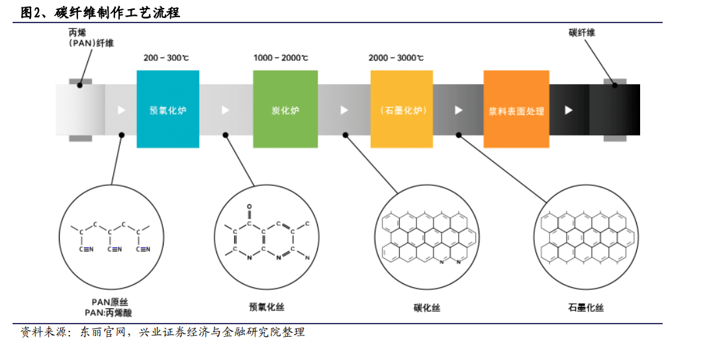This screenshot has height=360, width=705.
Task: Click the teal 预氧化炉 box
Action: pyautogui.click(x=167, y=109)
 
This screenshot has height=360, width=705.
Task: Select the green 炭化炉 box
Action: pyautogui.click(x=285, y=109)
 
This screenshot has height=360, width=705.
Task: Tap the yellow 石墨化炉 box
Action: pyautogui.click(x=402, y=109)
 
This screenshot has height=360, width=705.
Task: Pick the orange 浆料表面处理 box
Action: pyautogui.click(x=516, y=109)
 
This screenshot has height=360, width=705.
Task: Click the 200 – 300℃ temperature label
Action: pyautogui.click(x=166, y=58)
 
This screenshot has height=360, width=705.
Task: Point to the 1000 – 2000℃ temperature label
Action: pyautogui.click(x=281, y=58)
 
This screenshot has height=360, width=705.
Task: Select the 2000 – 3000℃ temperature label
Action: pyautogui.click(x=396, y=58)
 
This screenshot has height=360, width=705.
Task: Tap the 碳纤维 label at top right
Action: pyautogui.click(x=582, y=32)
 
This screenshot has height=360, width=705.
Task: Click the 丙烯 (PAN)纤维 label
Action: pyautogui.click(x=91, y=38)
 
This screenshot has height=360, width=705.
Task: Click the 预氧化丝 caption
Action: pyautogui.click(x=267, y=307)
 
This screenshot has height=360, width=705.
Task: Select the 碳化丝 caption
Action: pyautogui.click(x=427, y=308)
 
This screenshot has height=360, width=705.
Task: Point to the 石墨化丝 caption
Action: pyautogui.click(x=585, y=308)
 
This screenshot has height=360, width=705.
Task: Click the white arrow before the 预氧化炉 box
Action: pyautogui.click(x=121, y=110)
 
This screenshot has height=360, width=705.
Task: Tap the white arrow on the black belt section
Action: pyautogui.click(x=569, y=110)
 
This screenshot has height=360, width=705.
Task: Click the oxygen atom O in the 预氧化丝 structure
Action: pyautogui.click(x=250, y=207)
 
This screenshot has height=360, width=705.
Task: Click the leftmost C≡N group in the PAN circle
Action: pyautogui.click(x=86, y=249)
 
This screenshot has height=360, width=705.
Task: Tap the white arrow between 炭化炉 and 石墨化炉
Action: pyautogui.click(x=344, y=110)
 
